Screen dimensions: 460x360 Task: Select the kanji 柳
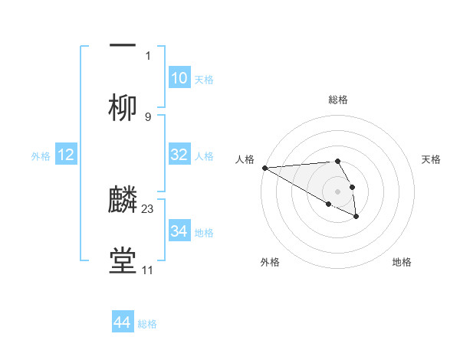123,108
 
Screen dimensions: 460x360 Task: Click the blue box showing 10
179,78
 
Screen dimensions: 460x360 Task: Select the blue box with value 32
179,155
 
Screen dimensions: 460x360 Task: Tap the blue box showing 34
179,231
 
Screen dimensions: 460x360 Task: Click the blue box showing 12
66,155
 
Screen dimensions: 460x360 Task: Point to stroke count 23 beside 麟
148,208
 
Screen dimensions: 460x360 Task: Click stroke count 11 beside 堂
147,270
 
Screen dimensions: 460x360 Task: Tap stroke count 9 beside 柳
148,116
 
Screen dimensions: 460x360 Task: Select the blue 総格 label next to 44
147,324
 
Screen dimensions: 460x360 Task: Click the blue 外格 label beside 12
41,155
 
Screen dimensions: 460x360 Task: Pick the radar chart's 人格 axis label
245,159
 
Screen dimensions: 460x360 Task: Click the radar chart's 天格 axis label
432,159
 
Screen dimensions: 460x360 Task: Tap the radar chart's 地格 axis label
402,262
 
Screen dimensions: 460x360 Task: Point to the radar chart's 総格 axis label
338,100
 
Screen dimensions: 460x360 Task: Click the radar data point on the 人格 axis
264,168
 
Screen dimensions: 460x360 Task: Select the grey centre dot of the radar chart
338,191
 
